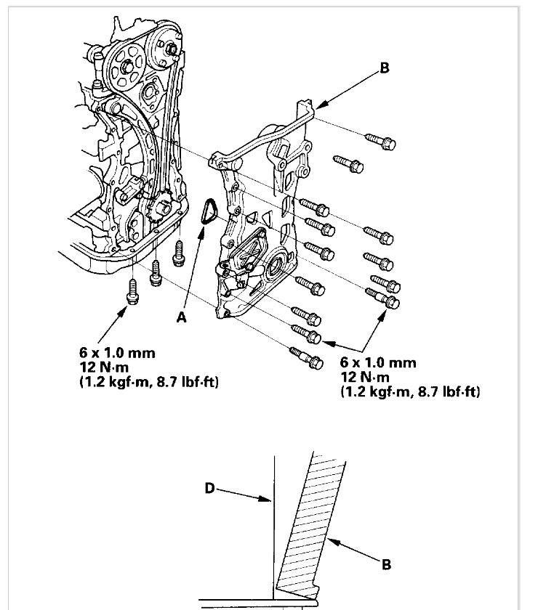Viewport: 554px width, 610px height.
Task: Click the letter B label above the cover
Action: coord(385,69)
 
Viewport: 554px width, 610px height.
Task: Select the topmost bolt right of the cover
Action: coord(377,141)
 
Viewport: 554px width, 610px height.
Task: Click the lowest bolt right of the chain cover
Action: coord(305,357)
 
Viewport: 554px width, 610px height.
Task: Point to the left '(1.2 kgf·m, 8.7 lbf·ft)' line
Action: coord(150,381)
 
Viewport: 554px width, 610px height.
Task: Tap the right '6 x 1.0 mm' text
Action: coord(378,362)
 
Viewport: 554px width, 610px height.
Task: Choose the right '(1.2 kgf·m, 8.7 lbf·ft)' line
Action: coord(412,391)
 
